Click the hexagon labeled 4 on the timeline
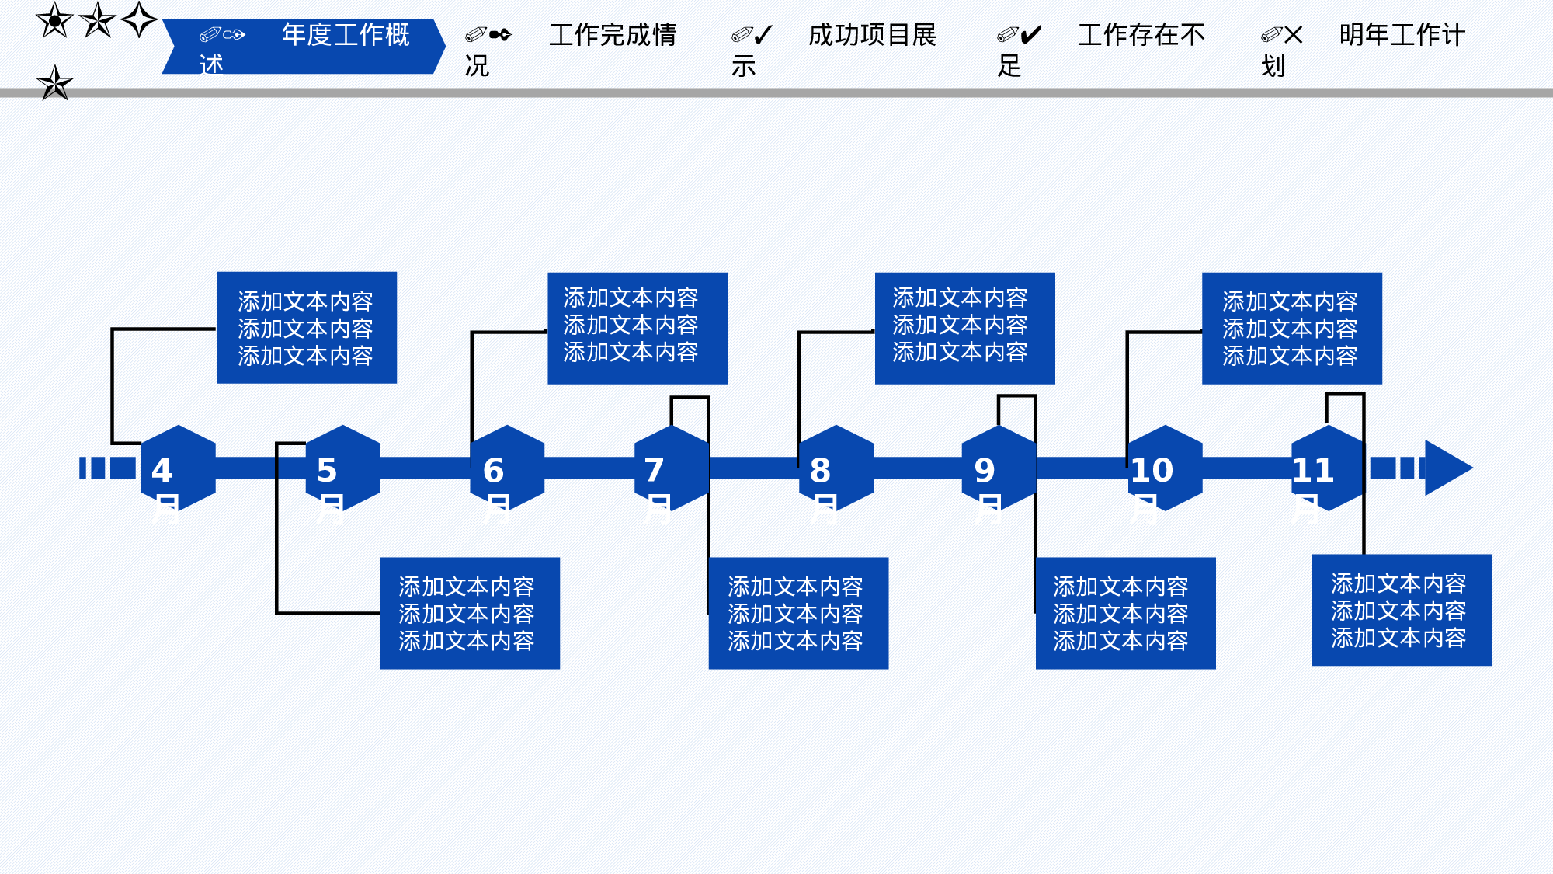[x=179, y=468]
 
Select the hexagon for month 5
[x=342, y=468]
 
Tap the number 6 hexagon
[x=507, y=468]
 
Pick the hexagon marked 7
[x=672, y=468]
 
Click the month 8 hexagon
[x=836, y=468]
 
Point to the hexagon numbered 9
[x=999, y=468]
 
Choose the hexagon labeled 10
[x=1165, y=468]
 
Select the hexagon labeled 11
[x=1328, y=468]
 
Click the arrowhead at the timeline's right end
[x=1446, y=468]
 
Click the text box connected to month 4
[x=307, y=328]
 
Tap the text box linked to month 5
[x=469, y=613]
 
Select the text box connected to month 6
[x=638, y=328]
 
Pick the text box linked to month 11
[x=1402, y=610]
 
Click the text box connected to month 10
[x=1291, y=328]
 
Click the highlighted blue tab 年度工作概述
[x=303, y=47]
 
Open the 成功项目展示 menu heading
[x=871, y=36]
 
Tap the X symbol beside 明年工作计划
[x=1294, y=35]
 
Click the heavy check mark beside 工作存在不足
[x=1030, y=35]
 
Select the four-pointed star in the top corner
[x=140, y=19]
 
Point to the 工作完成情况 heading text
[x=612, y=36]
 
